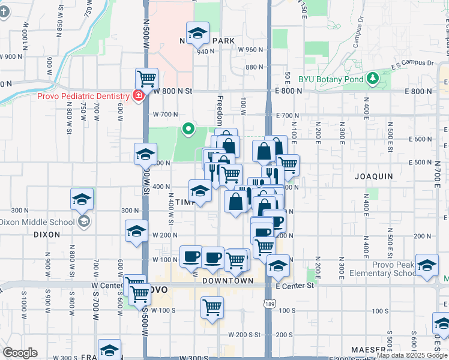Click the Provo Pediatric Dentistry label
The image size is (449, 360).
pos(83,96)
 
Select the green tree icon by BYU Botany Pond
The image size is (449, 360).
pos(373,78)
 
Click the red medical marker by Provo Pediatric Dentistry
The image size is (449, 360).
pos(139,95)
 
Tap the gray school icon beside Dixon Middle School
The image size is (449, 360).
pos(83,221)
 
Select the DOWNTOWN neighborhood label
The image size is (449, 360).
pos(228,281)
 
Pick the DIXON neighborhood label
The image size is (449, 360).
pos(47,235)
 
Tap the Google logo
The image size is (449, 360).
pos(20,353)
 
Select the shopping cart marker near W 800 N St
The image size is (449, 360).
pos(146,79)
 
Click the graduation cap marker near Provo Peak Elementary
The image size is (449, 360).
pos(427,266)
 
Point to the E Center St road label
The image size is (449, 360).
pos(295,286)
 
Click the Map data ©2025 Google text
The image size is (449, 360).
pos(412,355)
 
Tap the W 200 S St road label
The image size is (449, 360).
pos(243,334)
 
